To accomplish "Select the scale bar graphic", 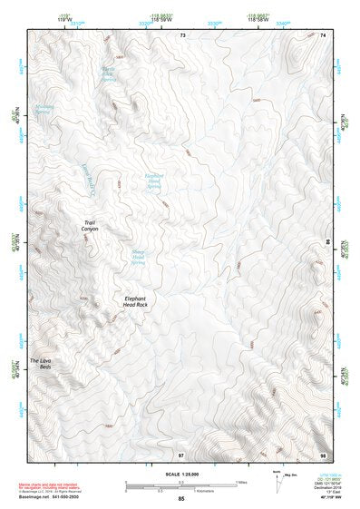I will tap(180, 485).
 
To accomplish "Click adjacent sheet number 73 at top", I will tap(182, 34).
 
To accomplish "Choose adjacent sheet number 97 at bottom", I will tap(181, 454).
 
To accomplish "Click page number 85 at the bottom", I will tap(181, 500).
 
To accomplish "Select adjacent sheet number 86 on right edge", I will tap(327, 243).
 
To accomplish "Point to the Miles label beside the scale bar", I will tap(241, 482).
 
